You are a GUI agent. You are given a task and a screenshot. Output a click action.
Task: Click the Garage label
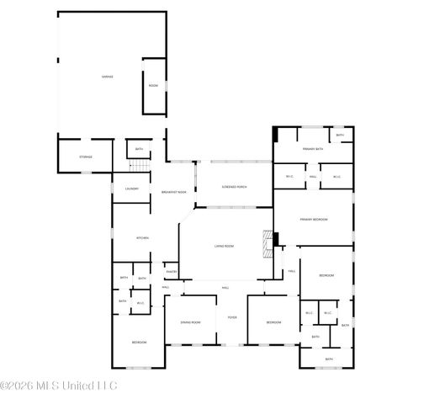108,77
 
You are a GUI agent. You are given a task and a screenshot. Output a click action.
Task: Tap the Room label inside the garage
153,86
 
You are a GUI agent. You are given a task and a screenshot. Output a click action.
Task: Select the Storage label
85,157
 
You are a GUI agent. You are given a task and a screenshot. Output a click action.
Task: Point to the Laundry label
132,189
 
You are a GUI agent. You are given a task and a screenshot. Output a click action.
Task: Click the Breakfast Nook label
173,193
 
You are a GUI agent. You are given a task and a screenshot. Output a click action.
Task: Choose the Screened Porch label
234,187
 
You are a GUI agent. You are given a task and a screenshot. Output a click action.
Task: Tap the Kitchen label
143,238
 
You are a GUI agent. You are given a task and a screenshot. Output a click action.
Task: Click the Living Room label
224,246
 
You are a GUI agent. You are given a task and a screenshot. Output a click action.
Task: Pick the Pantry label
171,272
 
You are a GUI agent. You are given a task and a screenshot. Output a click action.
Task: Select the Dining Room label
190,322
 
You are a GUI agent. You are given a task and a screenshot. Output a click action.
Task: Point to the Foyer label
232,318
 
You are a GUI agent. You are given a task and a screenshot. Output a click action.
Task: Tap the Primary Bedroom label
313,220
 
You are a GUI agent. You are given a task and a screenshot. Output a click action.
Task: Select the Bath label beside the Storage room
139,150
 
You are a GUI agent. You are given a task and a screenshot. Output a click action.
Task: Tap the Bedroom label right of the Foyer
274,322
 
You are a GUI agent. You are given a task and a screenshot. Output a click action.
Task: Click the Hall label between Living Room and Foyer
225,288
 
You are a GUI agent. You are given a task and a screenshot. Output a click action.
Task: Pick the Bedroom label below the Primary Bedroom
327,276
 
